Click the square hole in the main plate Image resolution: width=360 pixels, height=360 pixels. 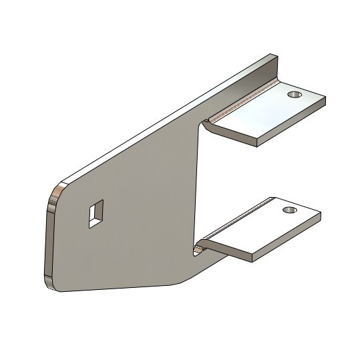coord(96,213)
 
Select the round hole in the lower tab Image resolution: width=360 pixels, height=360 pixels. coord(289,210)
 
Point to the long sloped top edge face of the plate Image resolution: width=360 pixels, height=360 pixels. coord(167,117)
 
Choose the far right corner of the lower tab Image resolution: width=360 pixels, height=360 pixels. coord(320,214)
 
